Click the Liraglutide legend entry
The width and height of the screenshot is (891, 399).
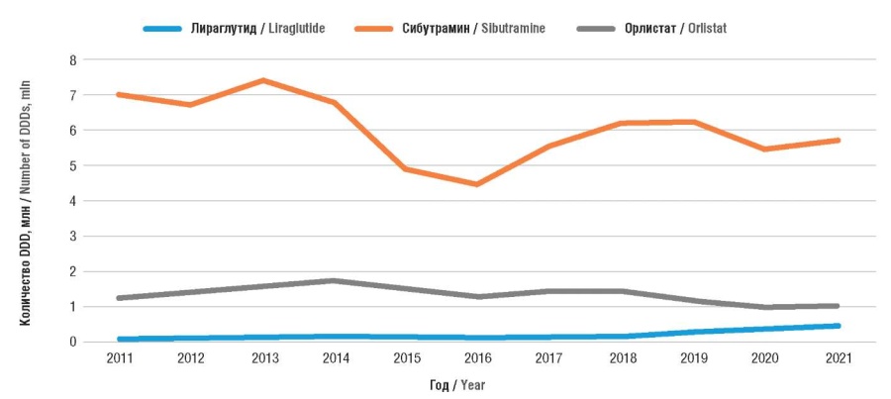point(234,29)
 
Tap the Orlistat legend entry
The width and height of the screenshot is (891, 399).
point(651,29)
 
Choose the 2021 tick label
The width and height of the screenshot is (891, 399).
point(839,358)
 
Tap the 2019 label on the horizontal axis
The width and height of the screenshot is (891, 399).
point(694,358)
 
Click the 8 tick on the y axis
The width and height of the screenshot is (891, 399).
point(72,59)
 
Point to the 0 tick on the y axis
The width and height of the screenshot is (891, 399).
point(72,343)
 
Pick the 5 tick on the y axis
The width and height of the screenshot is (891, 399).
point(72,166)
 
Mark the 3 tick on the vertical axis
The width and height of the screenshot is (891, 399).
point(72,237)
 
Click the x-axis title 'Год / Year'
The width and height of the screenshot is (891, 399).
point(456,385)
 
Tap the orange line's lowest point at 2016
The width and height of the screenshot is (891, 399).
point(478,184)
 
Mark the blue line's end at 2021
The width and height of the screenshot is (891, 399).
point(838,326)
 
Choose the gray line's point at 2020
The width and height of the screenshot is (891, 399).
point(766,307)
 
